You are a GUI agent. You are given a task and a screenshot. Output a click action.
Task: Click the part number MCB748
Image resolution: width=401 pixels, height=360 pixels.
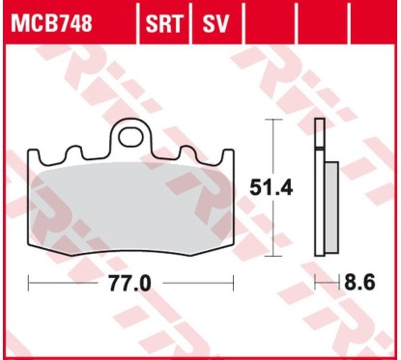point(51,20)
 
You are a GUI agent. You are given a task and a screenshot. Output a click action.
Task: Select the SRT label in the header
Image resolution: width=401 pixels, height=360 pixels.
point(166,20)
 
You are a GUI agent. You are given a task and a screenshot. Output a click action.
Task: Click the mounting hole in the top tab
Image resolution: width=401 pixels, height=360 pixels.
point(131,134)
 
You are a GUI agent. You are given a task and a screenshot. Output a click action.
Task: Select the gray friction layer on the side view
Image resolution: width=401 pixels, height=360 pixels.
point(331,208)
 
